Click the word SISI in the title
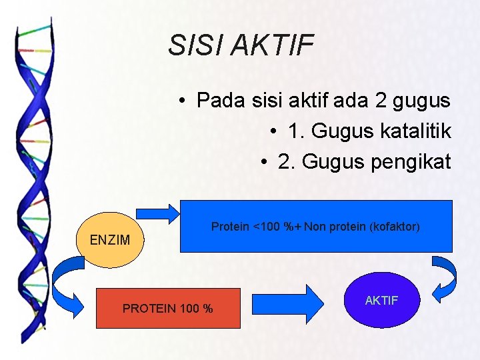(x=195, y=45)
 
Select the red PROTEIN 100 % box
(x=168, y=308)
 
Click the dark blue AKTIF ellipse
(x=381, y=300)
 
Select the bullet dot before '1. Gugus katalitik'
(x=275, y=131)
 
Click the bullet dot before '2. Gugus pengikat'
(x=265, y=162)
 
